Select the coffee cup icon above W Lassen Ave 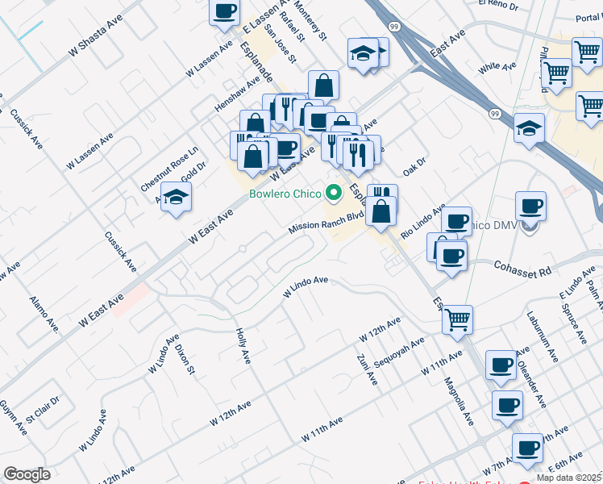225,12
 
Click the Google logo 27,474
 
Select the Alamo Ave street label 44,315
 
